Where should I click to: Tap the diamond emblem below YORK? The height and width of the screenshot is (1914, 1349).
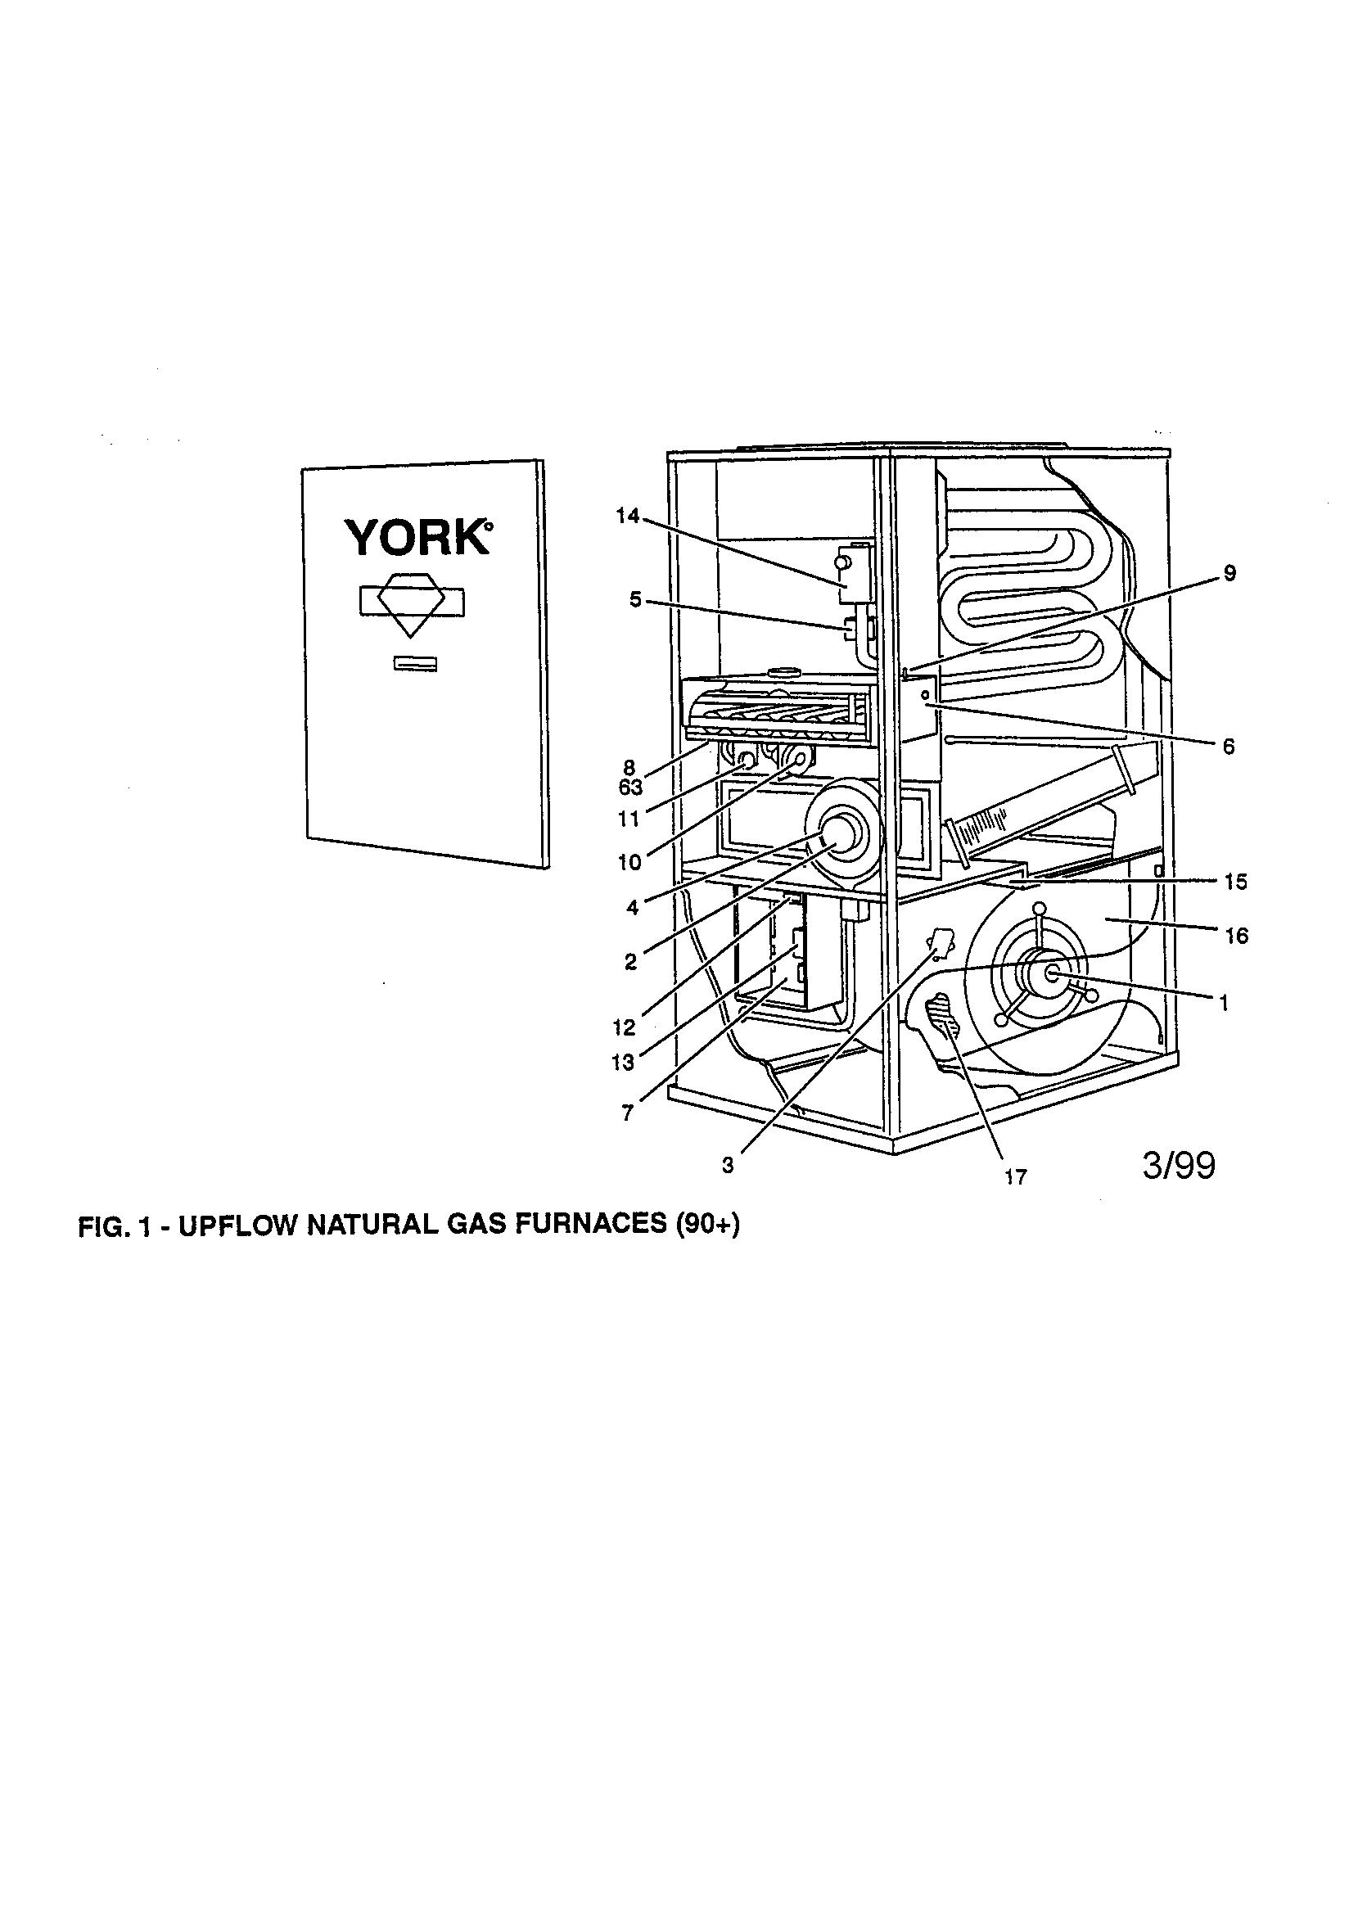pos(411,603)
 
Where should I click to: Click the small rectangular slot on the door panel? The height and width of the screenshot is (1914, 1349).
pos(414,664)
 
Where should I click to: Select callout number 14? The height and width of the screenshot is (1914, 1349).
pos(627,517)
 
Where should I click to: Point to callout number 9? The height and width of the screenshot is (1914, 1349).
pos(1229,574)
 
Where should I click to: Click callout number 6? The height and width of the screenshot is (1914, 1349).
pos(1228,747)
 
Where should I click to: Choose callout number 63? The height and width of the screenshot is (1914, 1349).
pos(630,788)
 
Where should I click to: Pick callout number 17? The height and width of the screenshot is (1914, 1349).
pos(1016,1177)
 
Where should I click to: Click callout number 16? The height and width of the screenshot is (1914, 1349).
pos(1236,937)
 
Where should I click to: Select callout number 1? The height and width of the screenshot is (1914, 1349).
pos(1224,1004)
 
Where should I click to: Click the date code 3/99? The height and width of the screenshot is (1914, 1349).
pos(1178,1166)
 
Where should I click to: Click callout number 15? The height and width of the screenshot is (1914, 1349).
pos(1235,882)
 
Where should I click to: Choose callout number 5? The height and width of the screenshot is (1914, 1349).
pos(635,600)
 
